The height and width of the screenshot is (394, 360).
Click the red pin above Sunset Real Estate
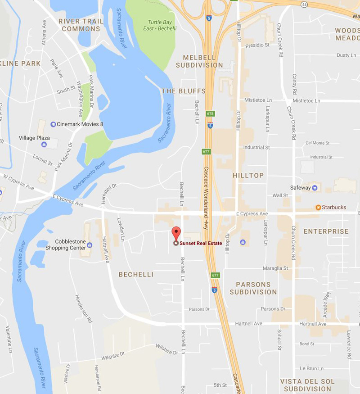(x=176, y=233)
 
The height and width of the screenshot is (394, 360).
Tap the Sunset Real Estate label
(x=201, y=244)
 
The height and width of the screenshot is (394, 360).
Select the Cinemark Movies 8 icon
(x=54, y=124)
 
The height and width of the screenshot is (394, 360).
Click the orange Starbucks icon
(x=318, y=208)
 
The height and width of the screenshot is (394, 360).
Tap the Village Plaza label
(x=34, y=138)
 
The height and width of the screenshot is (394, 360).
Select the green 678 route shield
(x=210, y=113)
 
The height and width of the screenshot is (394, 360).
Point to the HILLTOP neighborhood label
(x=248, y=175)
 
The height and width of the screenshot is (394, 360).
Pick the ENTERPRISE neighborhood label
(x=326, y=231)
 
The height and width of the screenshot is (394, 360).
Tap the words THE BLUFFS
(x=183, y=91)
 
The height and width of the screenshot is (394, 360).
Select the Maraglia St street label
(x=278, y=268)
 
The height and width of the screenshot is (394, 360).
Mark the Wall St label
(x=280, y=195)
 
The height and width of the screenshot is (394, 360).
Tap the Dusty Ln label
(x=346, y=55)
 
